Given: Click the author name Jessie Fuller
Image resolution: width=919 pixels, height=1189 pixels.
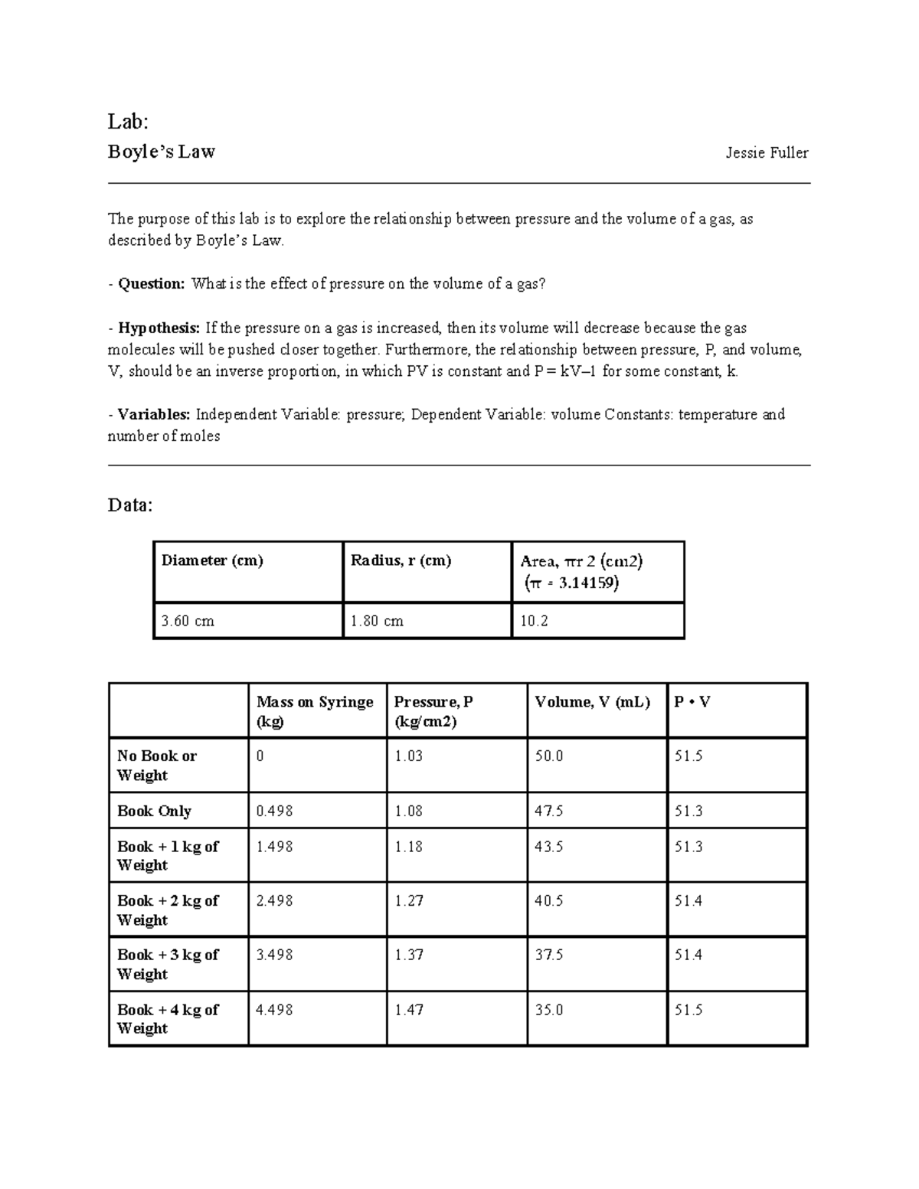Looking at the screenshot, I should [x=767, y=153].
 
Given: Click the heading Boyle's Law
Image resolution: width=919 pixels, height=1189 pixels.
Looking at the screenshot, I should [x=162, y=152].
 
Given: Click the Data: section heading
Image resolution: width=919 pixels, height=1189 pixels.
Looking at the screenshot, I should [x=130, y=505].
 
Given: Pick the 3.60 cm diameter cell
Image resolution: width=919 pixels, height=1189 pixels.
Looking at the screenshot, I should [x=188, y=621].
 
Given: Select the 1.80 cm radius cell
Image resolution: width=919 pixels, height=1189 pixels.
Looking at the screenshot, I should [x=377, y=621].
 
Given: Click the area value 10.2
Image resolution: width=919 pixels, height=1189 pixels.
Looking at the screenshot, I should [x=535, y=621].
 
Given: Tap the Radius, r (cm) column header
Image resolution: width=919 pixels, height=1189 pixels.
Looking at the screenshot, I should [x=401, y=560].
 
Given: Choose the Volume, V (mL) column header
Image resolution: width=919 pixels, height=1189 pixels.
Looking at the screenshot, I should [x=592, y=702].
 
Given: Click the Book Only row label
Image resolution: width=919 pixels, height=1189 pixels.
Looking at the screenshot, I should [x=154, y=811].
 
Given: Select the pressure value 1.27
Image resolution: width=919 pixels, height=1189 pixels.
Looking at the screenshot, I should [x=409, y=901].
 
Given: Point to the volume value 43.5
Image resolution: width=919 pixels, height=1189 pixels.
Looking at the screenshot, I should [x=549, y=847].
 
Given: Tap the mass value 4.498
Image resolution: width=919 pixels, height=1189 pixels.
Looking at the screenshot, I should [x=274, y=1010].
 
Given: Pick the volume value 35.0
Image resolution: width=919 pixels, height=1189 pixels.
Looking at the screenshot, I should [x=549, y=1010].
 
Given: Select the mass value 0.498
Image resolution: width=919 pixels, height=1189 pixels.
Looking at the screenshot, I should [x=274, y=811].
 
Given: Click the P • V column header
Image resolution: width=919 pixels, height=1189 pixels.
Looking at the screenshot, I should [x=692, y=702].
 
